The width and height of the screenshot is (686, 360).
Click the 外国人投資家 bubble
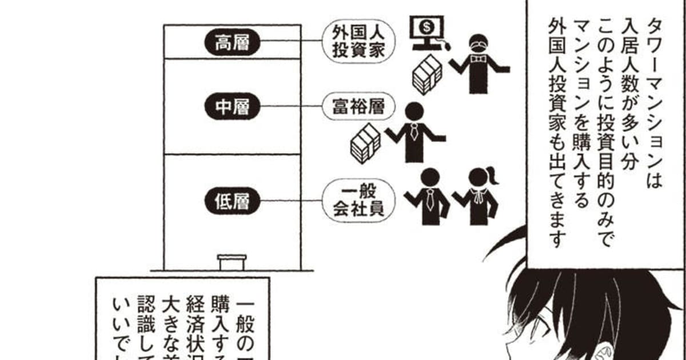[x=357, y=42]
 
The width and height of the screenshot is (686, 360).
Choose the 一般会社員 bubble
[x=357, y=200]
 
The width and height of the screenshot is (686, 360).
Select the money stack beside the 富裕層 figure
[x=365, y=142]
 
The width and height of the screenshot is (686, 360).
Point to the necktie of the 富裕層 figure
[x=413, y=133]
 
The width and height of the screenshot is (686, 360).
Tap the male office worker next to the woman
[x=429, y=197]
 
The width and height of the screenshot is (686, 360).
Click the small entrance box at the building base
[x=232, y=262]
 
